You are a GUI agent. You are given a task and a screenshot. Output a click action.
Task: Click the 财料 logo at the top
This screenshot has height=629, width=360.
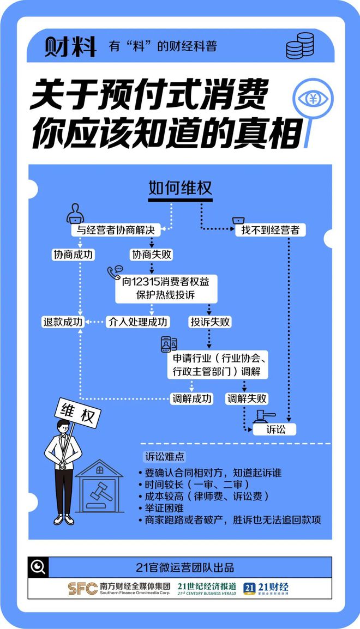tap(70, 46)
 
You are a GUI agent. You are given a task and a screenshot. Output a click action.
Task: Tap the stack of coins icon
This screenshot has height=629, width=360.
tap(300, 46)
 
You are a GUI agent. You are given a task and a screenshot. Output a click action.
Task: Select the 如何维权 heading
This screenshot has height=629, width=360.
tap(180, 188)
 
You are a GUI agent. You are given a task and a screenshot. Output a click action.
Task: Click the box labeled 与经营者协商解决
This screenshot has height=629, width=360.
tap(116, 230)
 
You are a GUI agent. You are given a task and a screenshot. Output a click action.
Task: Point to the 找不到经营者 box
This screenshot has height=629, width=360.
tap(270, 230)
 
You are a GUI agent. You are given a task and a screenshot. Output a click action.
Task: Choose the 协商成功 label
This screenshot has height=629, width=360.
tap(74, 255)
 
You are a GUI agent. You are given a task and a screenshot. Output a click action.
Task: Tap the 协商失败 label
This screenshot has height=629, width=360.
tap(152, 255)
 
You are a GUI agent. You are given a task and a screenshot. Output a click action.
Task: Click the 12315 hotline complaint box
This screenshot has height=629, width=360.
tap(166, 288)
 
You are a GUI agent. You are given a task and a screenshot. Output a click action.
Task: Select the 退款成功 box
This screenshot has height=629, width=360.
tap(63, 322)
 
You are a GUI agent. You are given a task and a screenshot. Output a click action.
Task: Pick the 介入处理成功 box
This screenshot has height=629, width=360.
tap(137, 322)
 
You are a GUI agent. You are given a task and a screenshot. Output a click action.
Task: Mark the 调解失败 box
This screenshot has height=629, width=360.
tap(247, 399)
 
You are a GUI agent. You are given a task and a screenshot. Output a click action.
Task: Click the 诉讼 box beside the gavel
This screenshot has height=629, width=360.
tap(274, 430)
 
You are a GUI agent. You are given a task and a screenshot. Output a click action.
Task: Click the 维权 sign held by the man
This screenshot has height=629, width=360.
tap(77, 413)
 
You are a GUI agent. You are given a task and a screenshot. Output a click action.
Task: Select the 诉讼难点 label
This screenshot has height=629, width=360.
tap(165, 457)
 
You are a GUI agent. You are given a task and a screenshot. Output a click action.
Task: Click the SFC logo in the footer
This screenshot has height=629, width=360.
tap(83, 588)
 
